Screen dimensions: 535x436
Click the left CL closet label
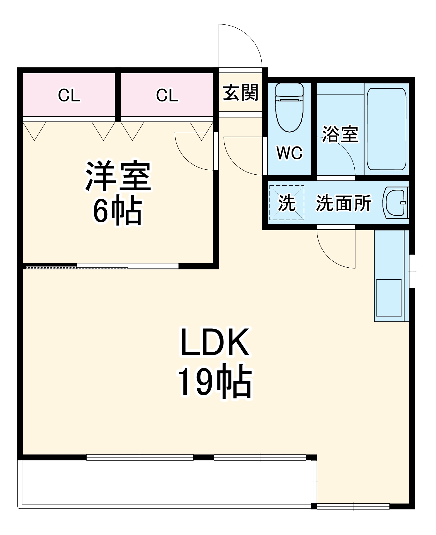[69, 95]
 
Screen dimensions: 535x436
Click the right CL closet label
[167, 95]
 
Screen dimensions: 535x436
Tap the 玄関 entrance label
[240, 93]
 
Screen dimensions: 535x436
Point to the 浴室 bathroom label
[340, 134]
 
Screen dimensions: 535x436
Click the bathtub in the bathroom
[386, 129]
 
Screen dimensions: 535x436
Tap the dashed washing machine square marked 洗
[287, 203]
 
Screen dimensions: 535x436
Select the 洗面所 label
[344, 203]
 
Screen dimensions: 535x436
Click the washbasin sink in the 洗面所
[396, 203]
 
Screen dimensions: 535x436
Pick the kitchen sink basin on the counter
[389, 298]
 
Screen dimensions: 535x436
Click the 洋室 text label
[118, 176]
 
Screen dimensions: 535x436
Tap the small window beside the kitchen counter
[412, 271]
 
